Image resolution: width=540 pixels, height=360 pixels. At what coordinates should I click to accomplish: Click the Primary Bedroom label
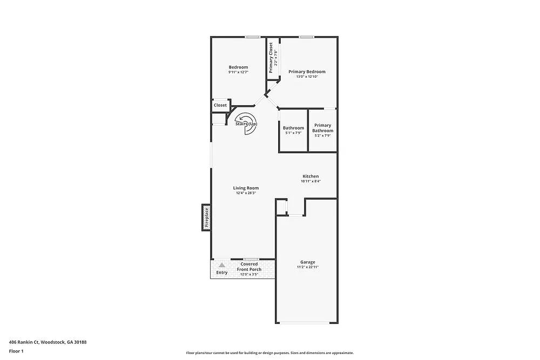(307, 72)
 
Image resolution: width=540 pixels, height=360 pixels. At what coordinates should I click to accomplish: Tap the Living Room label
(246, 188)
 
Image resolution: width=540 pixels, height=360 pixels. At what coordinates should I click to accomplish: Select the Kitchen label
(310, 176)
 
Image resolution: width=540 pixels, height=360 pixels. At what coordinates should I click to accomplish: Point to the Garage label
(308, 262)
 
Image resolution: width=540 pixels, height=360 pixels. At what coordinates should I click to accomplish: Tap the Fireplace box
(206, 218)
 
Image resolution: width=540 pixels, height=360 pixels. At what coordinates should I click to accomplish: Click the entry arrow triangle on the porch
(221, 265)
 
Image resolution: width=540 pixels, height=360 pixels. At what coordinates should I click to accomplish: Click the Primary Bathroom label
(323, 128)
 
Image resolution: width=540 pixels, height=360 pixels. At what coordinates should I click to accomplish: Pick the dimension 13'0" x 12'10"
(307, 77)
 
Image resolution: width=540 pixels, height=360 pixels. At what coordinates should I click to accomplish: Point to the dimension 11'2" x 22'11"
(308, 267)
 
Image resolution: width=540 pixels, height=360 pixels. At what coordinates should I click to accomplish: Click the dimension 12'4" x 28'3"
(246, 193)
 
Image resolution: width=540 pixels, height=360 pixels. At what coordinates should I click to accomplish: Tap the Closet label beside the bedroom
(220, 105)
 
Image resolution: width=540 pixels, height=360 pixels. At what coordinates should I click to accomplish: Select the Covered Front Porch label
(249, 267)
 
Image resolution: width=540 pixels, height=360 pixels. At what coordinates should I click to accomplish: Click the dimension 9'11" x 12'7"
(238, 72)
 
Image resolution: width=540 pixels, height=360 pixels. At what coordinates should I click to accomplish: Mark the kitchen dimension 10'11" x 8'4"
(310, 181)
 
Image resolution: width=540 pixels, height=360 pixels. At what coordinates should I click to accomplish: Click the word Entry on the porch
(222, 273)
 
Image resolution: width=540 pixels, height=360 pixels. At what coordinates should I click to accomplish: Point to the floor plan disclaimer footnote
(270, 352)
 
